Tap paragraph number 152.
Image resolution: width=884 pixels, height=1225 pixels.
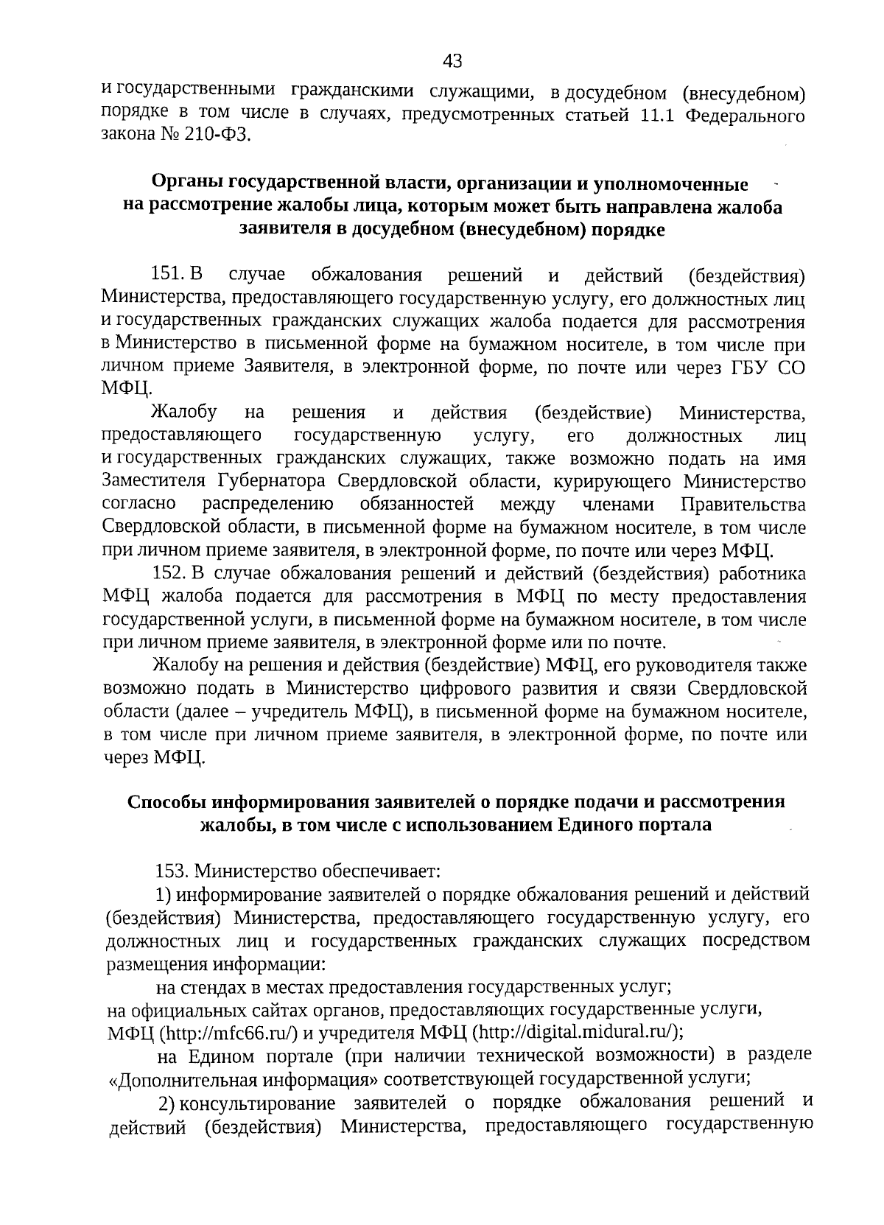click(x=170, y=574)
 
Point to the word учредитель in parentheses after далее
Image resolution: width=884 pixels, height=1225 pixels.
click(x=301, y=712)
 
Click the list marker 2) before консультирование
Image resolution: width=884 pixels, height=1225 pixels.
click(x=167, y=1103)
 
